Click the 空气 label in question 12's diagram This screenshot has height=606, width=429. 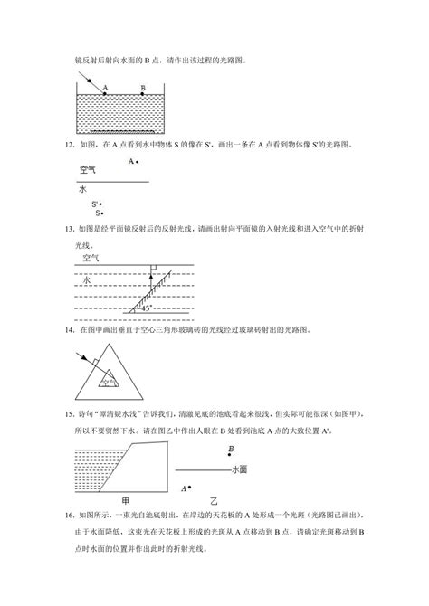click(88, 170)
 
